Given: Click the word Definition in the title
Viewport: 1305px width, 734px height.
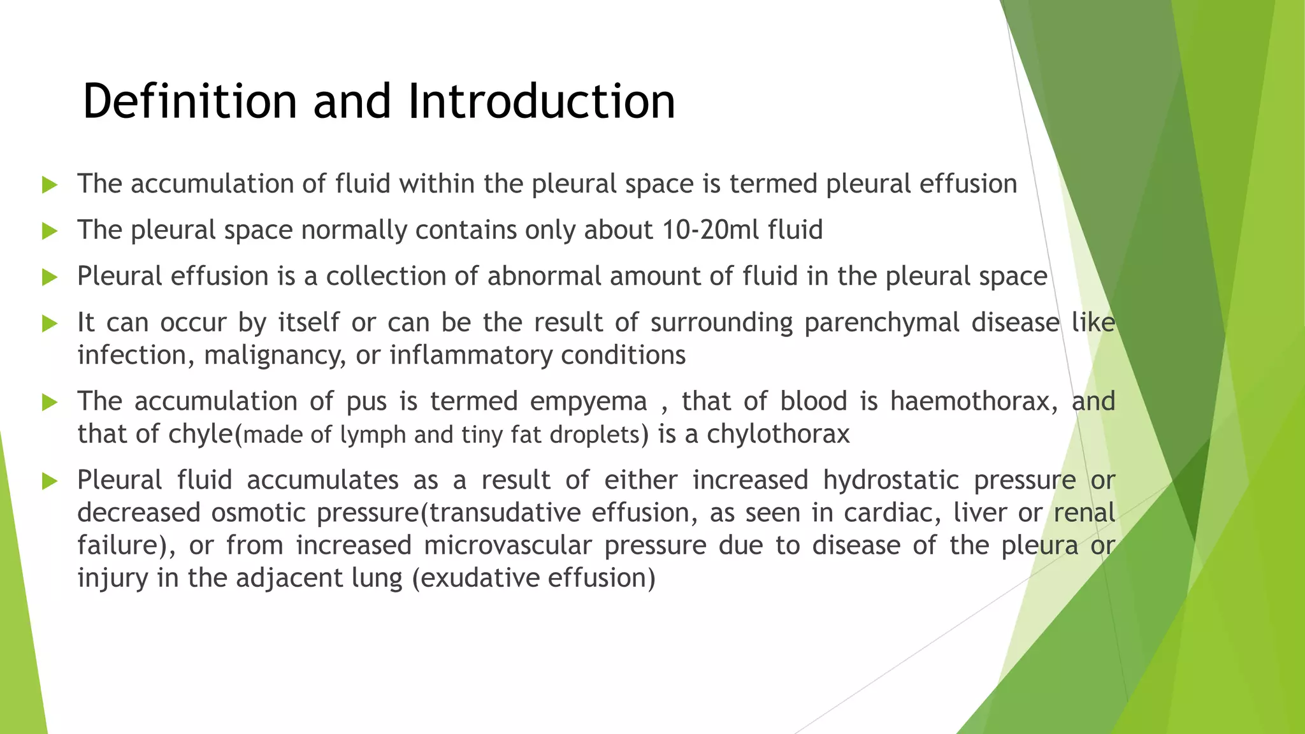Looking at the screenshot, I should click(190, 101).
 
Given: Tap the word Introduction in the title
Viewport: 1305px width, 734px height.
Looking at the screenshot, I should click(541, 101).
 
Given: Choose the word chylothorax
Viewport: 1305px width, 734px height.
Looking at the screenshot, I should click(778, 435).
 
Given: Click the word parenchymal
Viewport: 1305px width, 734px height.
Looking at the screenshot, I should click(882, 322).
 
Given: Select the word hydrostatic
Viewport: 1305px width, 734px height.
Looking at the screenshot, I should click(891, 480).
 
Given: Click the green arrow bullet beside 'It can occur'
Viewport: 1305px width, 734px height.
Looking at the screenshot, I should click(50, 324).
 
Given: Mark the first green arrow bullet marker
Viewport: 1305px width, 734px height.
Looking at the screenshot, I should click(50, 185).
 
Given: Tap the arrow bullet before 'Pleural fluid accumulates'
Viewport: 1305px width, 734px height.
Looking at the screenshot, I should click(50, 481).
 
